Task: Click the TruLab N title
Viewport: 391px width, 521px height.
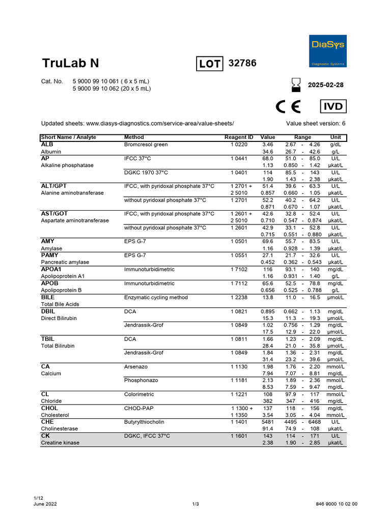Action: click(x=70, y=64)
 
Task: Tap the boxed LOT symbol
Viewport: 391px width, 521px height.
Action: click(x=209, y=64)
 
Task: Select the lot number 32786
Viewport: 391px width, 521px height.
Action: click(x=243, y=63)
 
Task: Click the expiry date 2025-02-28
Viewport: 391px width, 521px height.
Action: click(x=325, y=85)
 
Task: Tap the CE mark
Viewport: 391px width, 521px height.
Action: click(x=288, y=107)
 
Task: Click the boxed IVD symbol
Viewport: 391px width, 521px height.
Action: click(x=333, y=107)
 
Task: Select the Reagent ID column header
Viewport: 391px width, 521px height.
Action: click(x=239, y=137)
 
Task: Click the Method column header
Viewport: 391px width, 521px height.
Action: click(x=134, y=137)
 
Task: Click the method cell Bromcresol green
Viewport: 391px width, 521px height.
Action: click(x=146, y=144)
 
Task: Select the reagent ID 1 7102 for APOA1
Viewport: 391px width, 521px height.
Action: click(x=239, y=269)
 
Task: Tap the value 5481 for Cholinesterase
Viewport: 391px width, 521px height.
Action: click(x=267, y=422)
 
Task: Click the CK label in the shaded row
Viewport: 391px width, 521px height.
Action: click(x=45, y=436)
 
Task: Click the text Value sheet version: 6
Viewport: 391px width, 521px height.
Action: click(x=316, y=124)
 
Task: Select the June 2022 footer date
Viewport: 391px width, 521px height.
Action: click(x=45, y=504)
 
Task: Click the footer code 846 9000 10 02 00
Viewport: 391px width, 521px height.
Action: click(x=337, y=504)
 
